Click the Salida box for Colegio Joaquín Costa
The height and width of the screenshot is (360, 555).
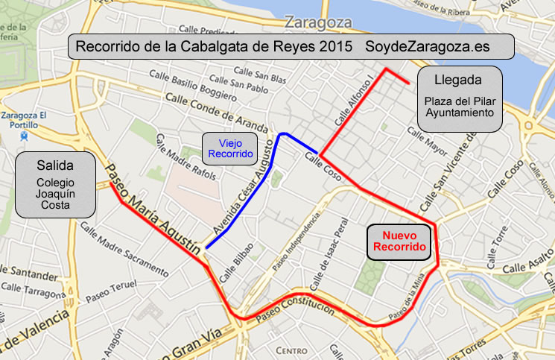[x=55, y=185]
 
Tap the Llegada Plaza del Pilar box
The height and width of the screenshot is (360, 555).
[x=459, y=96]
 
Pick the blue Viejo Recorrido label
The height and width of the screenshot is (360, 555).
[x=231, y=149]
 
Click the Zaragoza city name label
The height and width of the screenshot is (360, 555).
[x=318, y=21]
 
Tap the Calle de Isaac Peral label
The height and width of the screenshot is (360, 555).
[x=333, y=250]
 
